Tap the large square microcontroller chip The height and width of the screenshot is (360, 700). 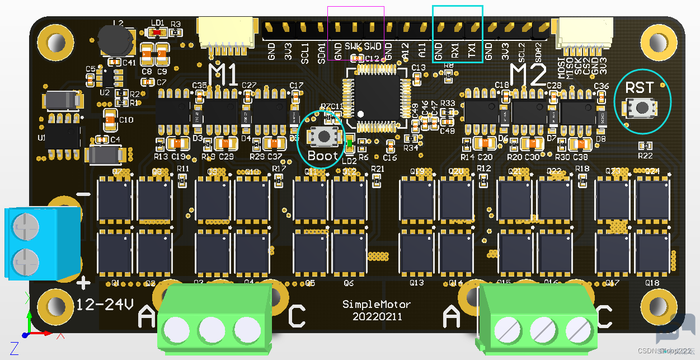375,94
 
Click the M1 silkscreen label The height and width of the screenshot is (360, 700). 223,73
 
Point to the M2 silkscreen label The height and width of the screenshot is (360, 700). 528,74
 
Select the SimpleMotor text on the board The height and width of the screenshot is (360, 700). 377,305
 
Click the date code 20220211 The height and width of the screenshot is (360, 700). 377,316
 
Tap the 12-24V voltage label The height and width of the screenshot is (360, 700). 105,305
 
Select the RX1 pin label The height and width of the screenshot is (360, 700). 455,52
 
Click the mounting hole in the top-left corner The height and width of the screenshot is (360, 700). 55,42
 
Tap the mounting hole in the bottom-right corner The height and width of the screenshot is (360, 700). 658,306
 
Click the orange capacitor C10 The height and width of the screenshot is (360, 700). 110,119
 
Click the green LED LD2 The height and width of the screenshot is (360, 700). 350,143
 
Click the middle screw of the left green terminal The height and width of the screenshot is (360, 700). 212,328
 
